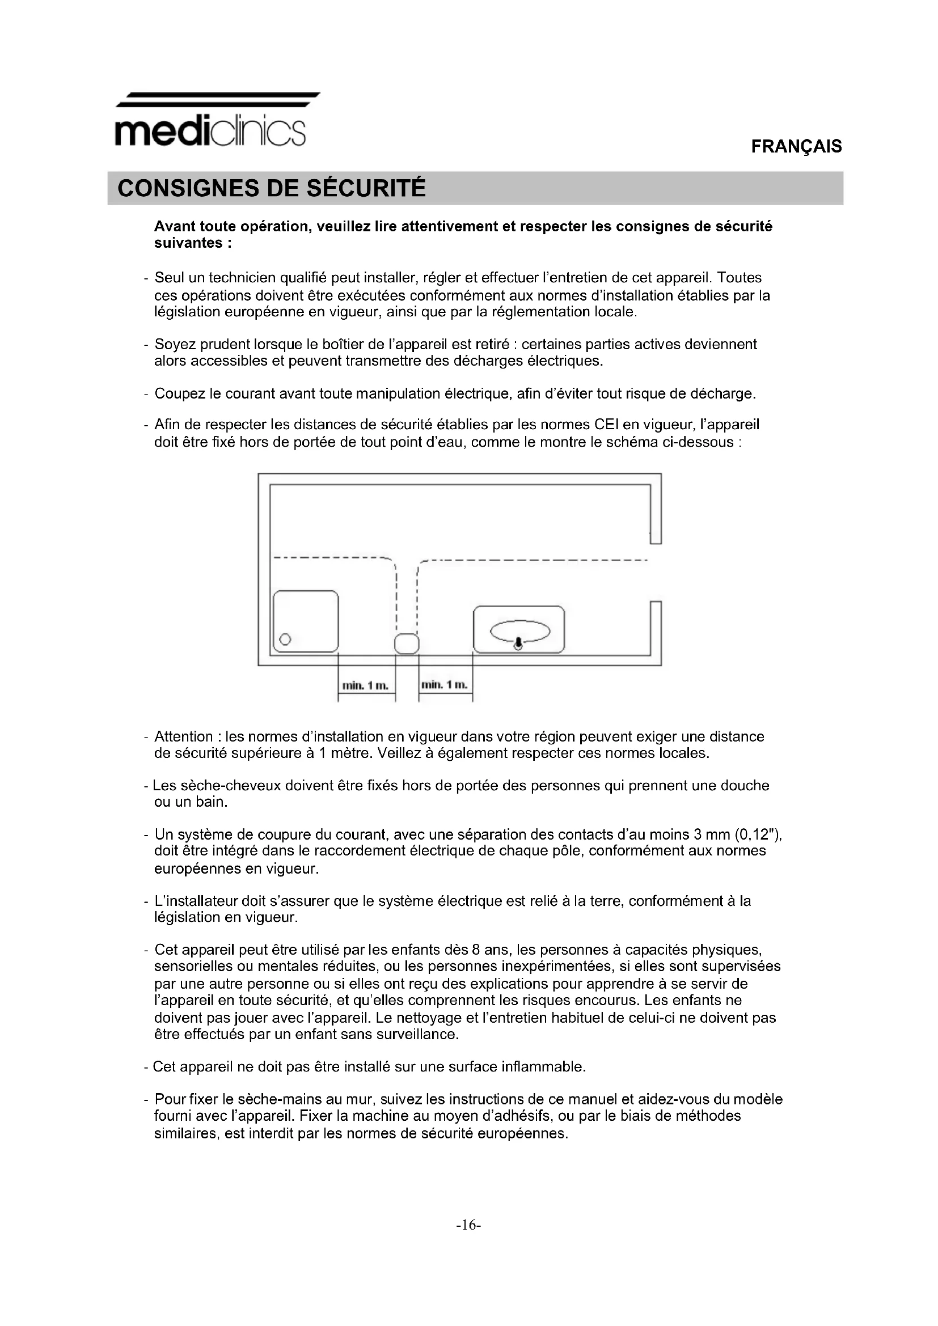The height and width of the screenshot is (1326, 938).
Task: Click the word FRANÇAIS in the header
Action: point(796,147)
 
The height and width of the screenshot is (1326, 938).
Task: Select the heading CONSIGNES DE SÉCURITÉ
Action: point(272,188)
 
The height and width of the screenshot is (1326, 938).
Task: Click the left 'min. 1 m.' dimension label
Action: point(366,685)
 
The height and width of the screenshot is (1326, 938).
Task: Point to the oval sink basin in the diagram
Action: point(520,630)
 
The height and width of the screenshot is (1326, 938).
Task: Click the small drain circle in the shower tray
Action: point(285,639)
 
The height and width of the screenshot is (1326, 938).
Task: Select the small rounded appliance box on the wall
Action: point(407,643)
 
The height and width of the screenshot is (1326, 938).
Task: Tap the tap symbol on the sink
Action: point(519,643)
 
